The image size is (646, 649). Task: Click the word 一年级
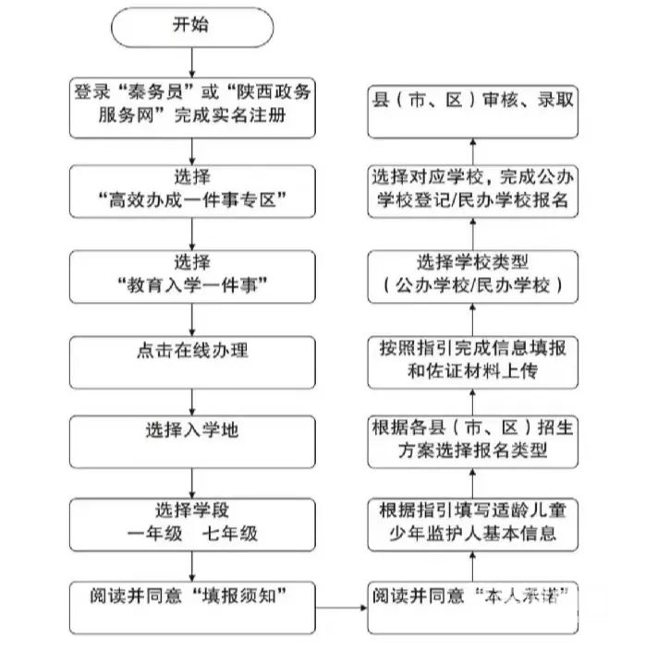click(x=154, y=533)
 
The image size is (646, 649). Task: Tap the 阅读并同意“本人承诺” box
click(x=470, y=607)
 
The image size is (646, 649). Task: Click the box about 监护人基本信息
click(x=470, y=522)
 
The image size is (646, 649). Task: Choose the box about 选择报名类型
click(x=470, y=440)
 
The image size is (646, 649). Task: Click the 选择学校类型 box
click(x=470, y=274)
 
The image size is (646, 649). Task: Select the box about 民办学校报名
click(x=470, y=189)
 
